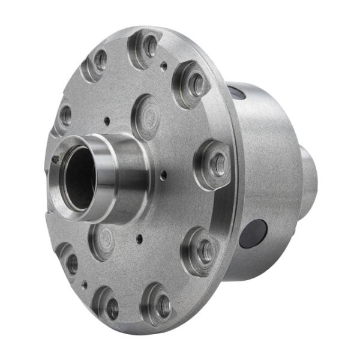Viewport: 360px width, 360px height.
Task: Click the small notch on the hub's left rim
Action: click(x=55, y=160)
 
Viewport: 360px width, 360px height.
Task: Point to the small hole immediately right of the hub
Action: click(x=163, y=176)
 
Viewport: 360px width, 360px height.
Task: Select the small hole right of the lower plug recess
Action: click(x=139, y=238)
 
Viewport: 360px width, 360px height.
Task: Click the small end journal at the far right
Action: click(x=308, y=174)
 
